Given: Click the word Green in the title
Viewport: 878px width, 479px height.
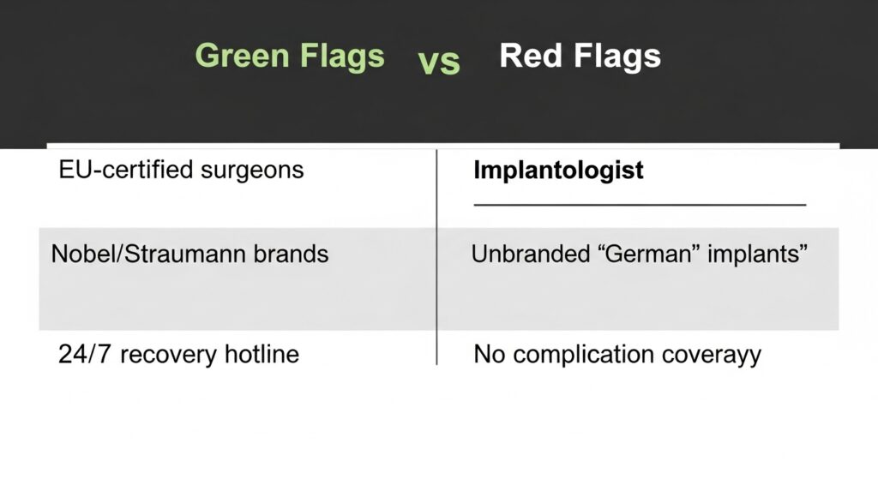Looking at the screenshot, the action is pyautogui.click(x=243, y=56).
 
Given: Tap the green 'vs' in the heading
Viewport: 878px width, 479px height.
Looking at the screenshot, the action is pyautogui.click(x=439, y=63).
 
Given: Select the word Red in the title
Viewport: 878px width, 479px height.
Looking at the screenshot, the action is pyautogui.click(x=530, y=56).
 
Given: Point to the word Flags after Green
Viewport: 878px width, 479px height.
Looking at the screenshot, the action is pyautogui.click(x=342, y=56).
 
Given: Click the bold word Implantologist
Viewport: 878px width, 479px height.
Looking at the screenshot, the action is pyautogui.click(x=558, y=171).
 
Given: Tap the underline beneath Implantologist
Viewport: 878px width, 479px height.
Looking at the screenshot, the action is pyautogui.click(x=640, y=205).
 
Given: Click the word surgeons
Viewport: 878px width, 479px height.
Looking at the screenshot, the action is pyautogui.click(x=252, y=171).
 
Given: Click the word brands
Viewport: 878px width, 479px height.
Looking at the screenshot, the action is pyautogui.click(x=291, y=254).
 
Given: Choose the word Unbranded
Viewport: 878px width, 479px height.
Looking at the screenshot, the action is pyautogui.click(x=531, y=254).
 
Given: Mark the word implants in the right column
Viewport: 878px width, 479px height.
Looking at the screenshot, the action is pyautogui.click(x=757, y=254).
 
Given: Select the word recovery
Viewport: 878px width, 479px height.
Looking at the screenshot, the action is pyautogui.click(x=168, y=355).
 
